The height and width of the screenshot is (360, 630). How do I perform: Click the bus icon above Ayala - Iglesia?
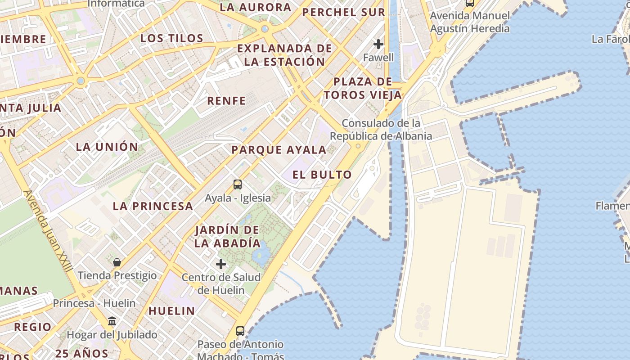[237, 184]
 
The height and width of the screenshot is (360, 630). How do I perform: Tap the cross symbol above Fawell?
[378, 44]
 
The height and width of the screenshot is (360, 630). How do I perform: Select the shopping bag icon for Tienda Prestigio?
[117, 262]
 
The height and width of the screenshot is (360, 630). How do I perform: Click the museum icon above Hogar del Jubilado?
[112, 321]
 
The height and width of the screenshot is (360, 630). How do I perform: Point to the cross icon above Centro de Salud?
[221, 264]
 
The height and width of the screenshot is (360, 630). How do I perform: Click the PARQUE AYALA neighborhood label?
[279, 150]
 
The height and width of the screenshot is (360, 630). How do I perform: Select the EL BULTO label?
[322, 175]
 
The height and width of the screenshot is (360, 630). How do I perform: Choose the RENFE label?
[226, 101]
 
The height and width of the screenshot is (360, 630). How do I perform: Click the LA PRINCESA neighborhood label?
[153, 206]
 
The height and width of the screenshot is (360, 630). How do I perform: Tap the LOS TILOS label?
[172, 38]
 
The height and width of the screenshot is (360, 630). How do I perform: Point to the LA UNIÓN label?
[107, 147]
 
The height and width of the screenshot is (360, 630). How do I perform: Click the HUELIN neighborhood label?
[171, 310]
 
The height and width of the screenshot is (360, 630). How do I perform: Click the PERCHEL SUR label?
[344, 12]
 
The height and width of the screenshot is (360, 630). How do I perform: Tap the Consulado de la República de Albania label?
[381, 130]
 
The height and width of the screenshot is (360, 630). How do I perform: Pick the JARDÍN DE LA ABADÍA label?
[227, 237]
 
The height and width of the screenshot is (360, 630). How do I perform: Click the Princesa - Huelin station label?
[94, 303]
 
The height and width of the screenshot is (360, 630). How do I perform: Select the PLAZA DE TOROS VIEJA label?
[363, 88]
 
